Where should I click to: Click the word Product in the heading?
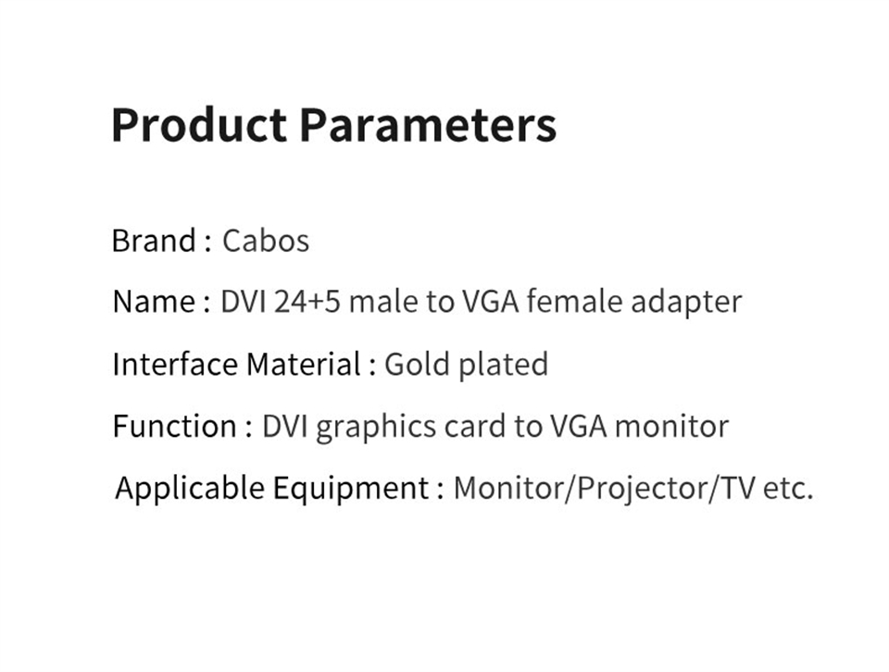(199, 124)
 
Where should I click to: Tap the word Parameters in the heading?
(428, 124)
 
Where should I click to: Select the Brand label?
(154, 241)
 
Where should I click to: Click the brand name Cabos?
(266, 241)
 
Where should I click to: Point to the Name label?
(155, 302)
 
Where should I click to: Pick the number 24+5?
(307, 302)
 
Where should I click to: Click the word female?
(574, 302)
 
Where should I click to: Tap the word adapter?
(686, 303)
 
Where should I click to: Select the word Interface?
(175, 364)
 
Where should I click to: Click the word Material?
(304, 364)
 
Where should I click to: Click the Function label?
(175, 426)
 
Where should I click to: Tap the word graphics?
(375, 428)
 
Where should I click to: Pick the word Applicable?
(190, 489)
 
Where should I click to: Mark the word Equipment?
(350, 489)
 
